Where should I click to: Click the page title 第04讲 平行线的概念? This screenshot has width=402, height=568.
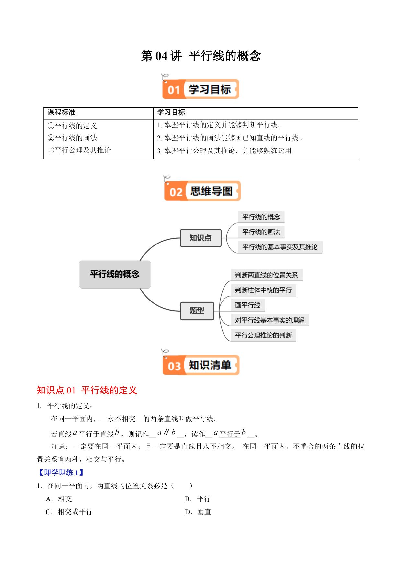coord(201,56)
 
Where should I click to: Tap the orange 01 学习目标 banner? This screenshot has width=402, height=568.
coord(201,89)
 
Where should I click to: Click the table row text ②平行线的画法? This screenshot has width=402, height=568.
coord(72,138)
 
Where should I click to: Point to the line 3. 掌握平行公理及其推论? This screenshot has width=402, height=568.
coord(226,151)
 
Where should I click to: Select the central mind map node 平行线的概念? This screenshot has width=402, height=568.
coord(115,274)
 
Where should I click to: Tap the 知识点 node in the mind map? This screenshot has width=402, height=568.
coord(201,238)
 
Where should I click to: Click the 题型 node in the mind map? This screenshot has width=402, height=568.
coord(197,311)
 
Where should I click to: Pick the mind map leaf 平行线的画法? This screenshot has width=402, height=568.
coord(261,232)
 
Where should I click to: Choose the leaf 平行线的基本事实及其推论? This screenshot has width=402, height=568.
coord(280,247)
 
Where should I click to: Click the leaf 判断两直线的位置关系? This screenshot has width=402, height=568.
coord(266,275)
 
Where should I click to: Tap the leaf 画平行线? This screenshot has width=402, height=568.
coord(248,305)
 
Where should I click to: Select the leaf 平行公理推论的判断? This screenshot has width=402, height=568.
coord(263,335)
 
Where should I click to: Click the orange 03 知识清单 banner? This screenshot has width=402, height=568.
coord(201,365)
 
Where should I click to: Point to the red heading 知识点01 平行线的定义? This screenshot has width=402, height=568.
coord(87,390)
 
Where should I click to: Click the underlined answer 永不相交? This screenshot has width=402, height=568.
coord(121,419)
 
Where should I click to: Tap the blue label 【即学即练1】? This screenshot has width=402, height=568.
coord(61,472)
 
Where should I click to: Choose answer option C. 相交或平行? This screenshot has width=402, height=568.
coord(69,512)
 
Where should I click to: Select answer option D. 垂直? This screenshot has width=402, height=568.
coord(198,512)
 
